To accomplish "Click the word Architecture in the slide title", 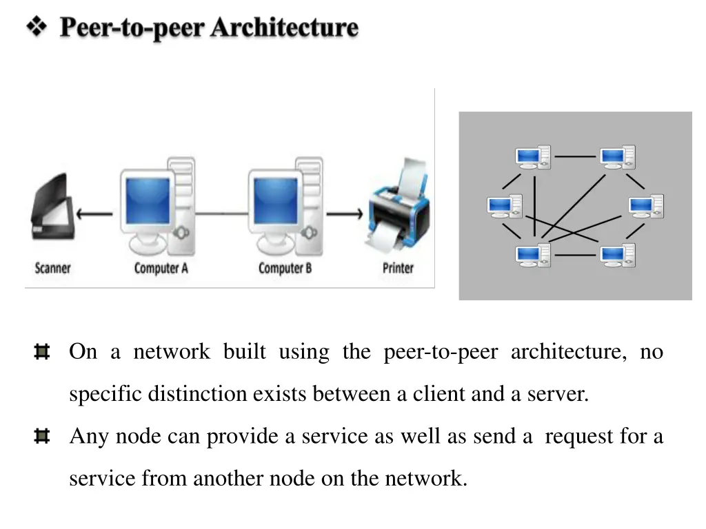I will (x=284, y=28).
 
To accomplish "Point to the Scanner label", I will (x=52, y=268).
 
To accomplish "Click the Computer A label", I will (x=161, y=268).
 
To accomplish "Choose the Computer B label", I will (x=285, y=268).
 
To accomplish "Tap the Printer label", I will (x=398, y=268).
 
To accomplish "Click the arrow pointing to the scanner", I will (x=94, y=214).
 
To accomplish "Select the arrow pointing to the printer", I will (x=344, y=214).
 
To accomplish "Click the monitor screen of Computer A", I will (x=148, y=200).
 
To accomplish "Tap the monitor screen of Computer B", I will (x=274, y=200).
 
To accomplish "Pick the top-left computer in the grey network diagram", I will (x=533, y=157).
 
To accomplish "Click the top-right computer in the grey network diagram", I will (x=617, y=157).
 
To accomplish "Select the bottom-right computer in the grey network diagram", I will (x=617, y=255).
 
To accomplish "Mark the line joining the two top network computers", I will (x=575, y=156).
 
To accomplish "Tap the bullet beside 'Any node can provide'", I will (x=41, y=437).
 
